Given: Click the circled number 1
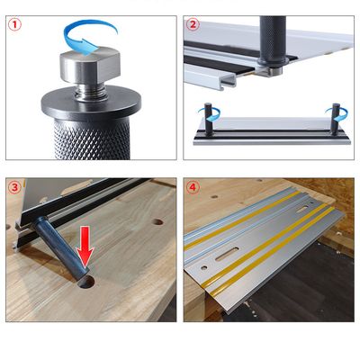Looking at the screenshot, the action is click(15, 25).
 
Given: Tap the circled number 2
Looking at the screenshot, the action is click(193, 24).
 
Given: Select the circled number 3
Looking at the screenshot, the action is click(15, 188).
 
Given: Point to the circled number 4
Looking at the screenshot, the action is click(193, 188).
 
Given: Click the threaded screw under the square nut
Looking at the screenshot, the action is click(90, 91).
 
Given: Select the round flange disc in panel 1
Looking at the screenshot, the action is click(91, 104).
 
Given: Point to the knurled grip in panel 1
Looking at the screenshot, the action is click(92, 139).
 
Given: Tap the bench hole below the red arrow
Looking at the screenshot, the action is click(85, 282).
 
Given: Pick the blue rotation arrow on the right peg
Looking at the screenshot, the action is click(337, 115).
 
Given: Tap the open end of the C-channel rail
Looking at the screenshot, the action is click(229, 81).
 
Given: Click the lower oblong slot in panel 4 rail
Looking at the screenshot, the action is click(227, 254).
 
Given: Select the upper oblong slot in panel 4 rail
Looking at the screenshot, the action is click(302, 209).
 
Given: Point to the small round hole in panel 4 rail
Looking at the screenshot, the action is click(204, 267).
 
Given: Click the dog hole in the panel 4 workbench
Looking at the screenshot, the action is click(214, 197).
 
